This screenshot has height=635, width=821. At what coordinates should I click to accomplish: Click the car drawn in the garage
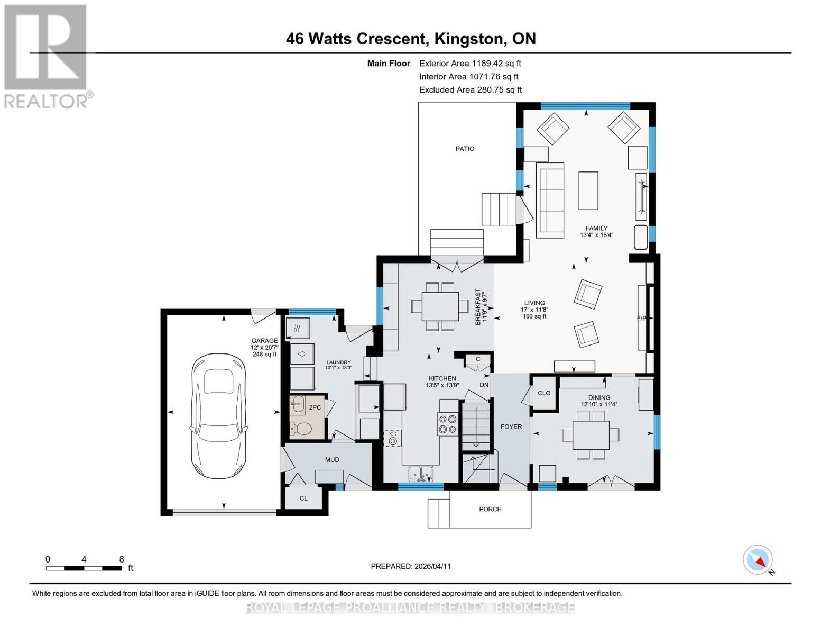pyautogui.click(x=219, y=416)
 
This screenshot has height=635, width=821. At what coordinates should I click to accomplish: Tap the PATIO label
pyautogui.click(x=464, y=149)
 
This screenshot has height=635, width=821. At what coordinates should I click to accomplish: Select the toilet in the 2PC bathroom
pyautogui.click(x=301, y=429)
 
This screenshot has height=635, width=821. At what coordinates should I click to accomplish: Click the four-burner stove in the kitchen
pyautogui.click(x=447, y=424)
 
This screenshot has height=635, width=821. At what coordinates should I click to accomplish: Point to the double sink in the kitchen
pyautogui.click(x=420, y=474)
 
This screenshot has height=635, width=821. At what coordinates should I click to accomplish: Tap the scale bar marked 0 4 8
pyautogui.click(x=84, y=568)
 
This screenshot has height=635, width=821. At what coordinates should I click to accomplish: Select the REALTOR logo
pyautogui.click(x=47, y=57)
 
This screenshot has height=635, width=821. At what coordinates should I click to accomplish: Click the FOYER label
pyautogui.click(x=511, y=427)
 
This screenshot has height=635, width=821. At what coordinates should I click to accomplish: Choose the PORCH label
pyautogui.click(x=490, y=509)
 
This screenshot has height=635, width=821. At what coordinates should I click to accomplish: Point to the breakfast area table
pyautogui.click(x=440, y=306)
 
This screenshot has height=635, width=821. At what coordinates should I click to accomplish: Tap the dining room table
pyautogui.click(x=591, y=434)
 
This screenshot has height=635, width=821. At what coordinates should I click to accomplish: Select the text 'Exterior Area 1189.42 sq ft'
pyautogui.click(x=470, y=63)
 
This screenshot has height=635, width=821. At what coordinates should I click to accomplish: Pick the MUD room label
pyautogui.click(x=332, y=459)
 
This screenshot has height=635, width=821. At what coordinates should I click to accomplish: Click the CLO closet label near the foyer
pyautogui.click(x=544, y=393)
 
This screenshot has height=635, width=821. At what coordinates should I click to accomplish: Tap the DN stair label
pyautogui.click(x=484, y=385)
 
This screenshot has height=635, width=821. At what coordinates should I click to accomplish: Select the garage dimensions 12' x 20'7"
pyautogui.click(x=264, y=347)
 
